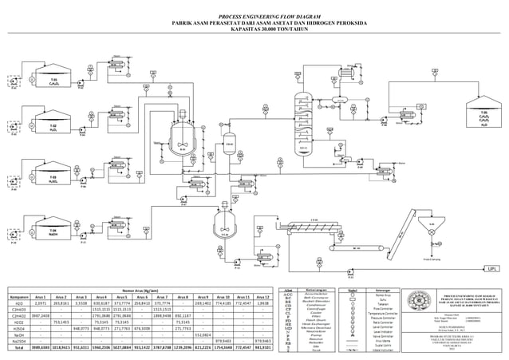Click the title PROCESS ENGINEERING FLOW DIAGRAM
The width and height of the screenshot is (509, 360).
point(255,16)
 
